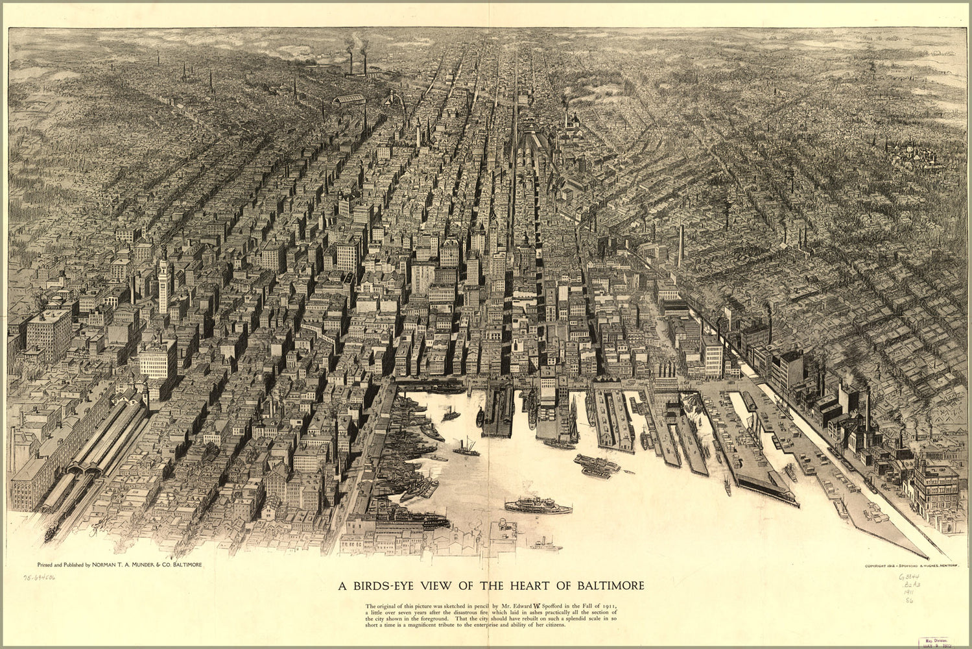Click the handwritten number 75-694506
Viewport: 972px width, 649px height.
[40, 577]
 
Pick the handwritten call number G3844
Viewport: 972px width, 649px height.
[909, 576]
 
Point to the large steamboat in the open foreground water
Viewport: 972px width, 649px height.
[538, 505]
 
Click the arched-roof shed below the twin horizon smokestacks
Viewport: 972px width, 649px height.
[349, 100]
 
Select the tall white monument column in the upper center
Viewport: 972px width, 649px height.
[419, 133]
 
